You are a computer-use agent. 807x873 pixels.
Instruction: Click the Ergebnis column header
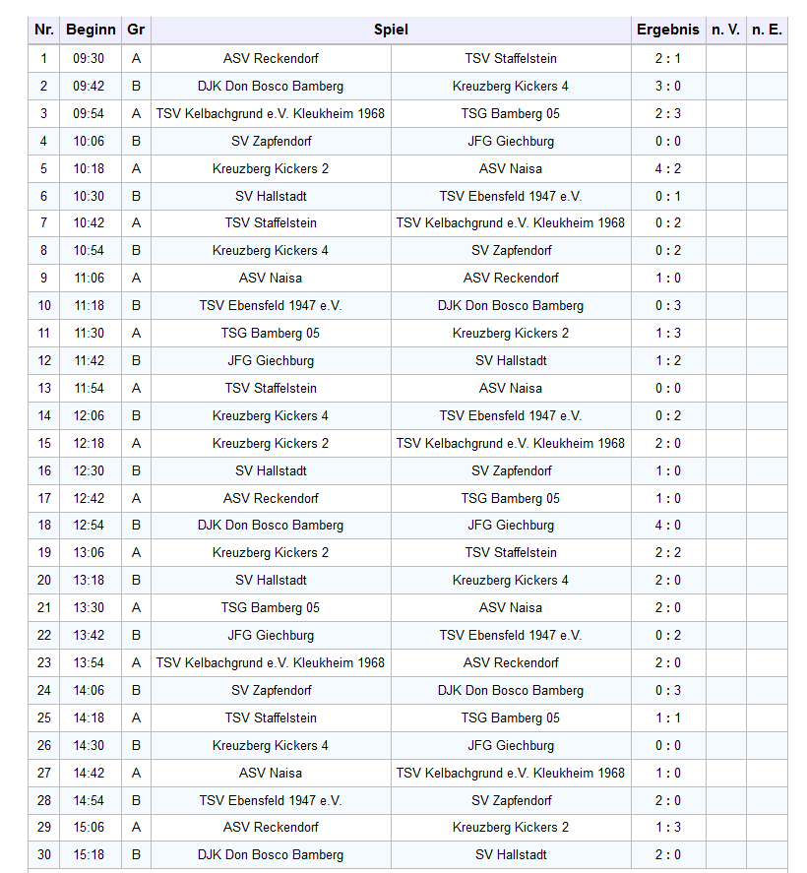pos(667,30)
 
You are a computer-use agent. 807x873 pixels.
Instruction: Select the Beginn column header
pos(91,30)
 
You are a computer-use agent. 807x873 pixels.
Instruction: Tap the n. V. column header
pos(725,30)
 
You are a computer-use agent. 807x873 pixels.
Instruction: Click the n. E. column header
pos(767,30)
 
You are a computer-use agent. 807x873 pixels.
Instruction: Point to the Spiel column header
pos(391,30)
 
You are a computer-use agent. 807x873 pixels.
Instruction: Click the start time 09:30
pos(89,59)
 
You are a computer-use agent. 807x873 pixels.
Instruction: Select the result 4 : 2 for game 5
pos(667,168)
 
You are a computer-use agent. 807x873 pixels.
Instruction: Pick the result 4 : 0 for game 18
pos(667,526)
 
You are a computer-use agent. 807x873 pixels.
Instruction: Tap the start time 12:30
pos(89,470)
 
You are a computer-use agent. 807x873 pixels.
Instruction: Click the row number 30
pos(43,855)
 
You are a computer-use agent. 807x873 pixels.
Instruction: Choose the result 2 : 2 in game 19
pos(667,553)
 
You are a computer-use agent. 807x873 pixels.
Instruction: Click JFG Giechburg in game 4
pos(511,141)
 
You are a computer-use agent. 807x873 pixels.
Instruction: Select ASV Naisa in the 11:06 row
pos(271,279)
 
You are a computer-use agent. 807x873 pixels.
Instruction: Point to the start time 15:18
pos(89,855)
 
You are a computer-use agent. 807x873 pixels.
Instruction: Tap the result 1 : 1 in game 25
pos(667,717)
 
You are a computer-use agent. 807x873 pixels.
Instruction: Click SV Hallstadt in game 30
pos(511,855)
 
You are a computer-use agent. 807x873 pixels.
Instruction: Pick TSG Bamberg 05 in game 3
pos(511,113)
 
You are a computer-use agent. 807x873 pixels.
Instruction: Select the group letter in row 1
pos(136,59)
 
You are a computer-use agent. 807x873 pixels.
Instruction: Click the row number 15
pos(43,443)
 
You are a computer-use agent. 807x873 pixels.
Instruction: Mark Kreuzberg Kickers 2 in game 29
pos(511,828)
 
